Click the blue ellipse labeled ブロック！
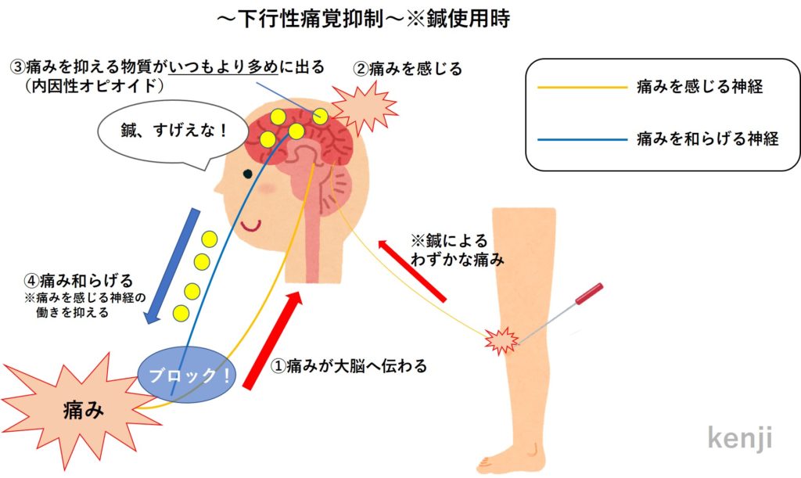[x=185, y=375]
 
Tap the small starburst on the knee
[x=501, y=340]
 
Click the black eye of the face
[x=247, y=174]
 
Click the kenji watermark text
[x=739, y=438]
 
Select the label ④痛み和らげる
[x=78, y=279]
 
